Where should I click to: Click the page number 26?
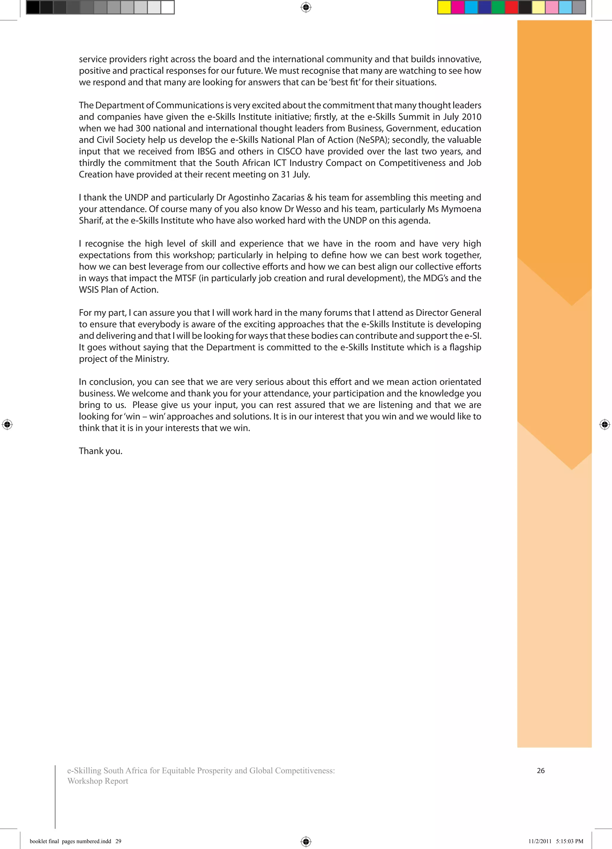tap(541, 770)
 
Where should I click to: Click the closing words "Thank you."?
tap(101, 451)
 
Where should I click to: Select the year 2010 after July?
tap(471, 117)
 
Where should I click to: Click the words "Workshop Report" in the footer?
tap(98, 781)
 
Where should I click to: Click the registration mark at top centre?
tap(306, 7)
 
